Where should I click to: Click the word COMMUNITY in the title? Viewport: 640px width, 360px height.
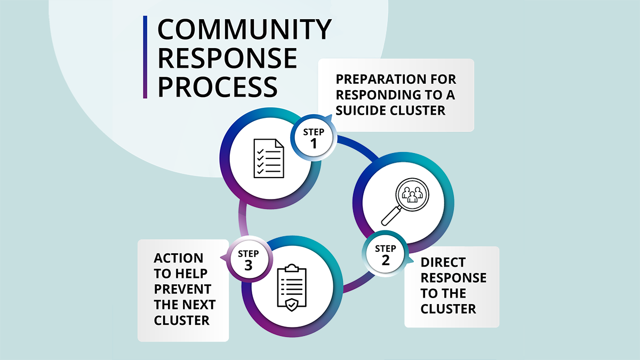coord(244,30)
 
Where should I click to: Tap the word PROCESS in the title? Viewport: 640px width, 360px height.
coord(218,86)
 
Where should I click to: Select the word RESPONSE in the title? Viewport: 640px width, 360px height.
coord(227,58)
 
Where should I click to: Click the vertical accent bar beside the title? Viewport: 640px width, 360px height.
coord(145,57)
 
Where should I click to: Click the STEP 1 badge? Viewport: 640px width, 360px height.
coord(314,137)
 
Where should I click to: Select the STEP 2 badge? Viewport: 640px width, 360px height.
coord(386,254)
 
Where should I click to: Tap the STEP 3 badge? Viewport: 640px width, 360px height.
coord(249,259)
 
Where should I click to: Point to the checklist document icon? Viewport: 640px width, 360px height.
coord(269,158)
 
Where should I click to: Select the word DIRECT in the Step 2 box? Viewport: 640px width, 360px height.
coord(443,262)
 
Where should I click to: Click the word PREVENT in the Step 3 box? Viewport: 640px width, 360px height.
coord(182,289)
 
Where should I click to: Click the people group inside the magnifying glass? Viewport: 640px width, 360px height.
coord(412,194)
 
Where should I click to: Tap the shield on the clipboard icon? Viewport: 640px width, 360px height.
coord(291,305)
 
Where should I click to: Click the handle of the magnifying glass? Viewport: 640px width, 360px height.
coord(390,217)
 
